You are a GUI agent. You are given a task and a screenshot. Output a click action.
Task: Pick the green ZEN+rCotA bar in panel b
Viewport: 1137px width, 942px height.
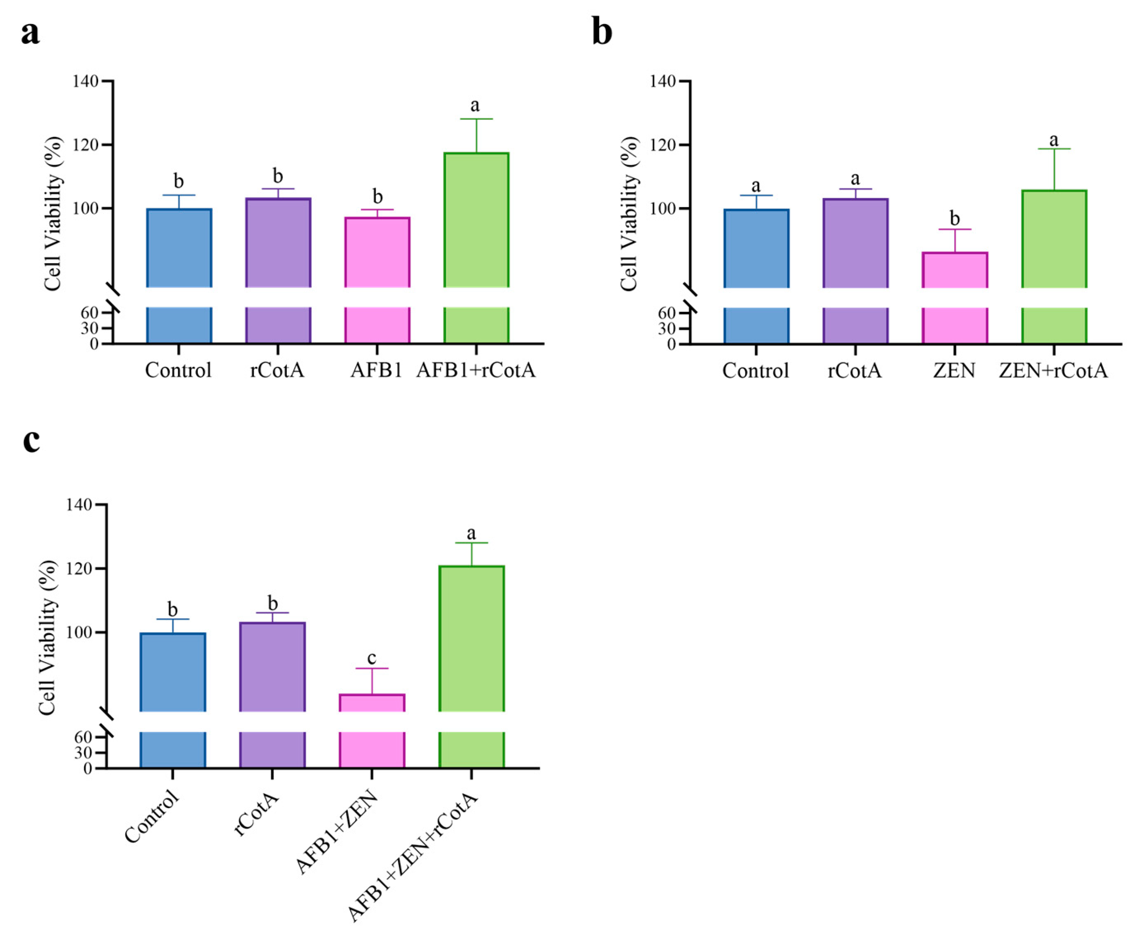click(1054, 238)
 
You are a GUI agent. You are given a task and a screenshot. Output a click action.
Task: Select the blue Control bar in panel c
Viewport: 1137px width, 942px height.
click(172, 671)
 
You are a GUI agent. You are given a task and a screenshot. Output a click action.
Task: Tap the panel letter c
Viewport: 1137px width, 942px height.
click(32, 440)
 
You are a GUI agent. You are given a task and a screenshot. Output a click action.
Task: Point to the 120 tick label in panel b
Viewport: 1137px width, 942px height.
click(663, 145)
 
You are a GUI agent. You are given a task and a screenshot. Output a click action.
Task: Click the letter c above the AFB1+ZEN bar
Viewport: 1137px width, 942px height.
click(371, 658)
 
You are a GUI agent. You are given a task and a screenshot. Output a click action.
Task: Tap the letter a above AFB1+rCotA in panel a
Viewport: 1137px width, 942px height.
click(475, 105)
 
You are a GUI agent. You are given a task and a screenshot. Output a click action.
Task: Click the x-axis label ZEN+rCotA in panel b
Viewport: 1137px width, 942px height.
click(1053, 371)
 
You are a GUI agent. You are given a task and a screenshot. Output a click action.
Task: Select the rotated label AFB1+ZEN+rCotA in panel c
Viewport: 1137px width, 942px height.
click(413, 858)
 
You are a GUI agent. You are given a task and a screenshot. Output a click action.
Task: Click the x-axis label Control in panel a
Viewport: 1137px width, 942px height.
click(178, 371)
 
